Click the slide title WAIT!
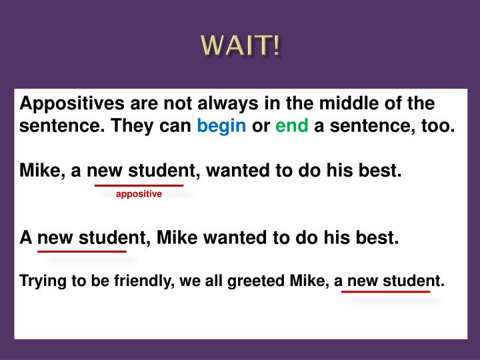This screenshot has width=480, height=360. click(241, 46)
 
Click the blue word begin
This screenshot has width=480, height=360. click(222, 126)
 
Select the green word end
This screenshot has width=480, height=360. click(291, 126)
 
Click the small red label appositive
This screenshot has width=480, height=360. click(139, 194)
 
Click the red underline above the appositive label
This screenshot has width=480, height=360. click(139, 185)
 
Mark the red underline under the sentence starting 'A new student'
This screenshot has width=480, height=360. click(82, 251)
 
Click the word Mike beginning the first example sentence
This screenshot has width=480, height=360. click(39, 171)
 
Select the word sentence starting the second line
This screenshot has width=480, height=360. click(56, 126)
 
